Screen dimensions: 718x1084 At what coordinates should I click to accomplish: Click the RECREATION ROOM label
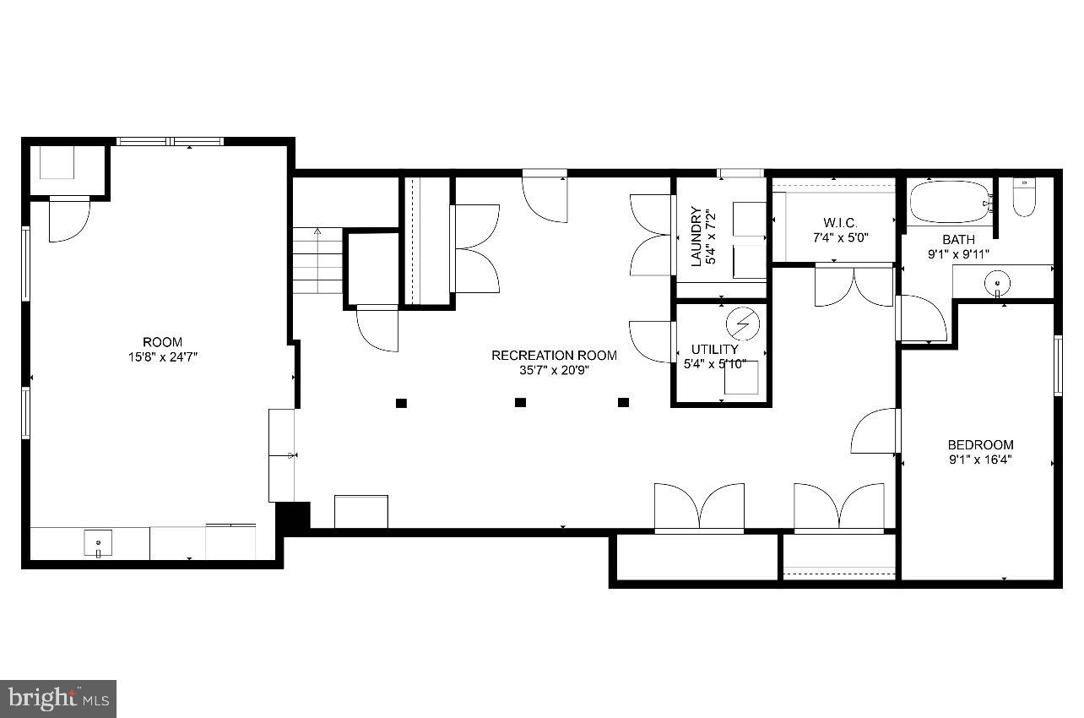pyautogui.click(x=554, y=356)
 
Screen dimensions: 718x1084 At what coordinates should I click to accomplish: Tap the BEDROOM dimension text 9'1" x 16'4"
pyautogui.click(x=979, y=460)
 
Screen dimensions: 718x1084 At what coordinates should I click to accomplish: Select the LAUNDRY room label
pyautogui.click(x=696, y=237)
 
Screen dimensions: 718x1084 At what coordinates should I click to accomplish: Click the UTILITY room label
pyautogui.click(x=714, y=349)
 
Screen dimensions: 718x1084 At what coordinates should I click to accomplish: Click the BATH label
pyautogui.click(x=958, y=239)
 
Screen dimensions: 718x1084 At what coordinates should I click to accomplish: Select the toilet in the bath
pyautogui.click(x=1023, y=198)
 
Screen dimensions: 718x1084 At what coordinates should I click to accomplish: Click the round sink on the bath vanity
pyautogui.click(x=998, y=282)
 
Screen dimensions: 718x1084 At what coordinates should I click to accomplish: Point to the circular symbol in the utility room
pyautogui.click(x=743, y=324)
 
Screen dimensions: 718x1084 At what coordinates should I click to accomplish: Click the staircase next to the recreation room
pyautogui.click(x=318, y=261)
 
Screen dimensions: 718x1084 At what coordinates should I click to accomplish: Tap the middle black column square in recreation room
pyautogui.click(x=521, y=403)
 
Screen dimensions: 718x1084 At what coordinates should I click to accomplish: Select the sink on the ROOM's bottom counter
pyautogui.click(x=98, y=541)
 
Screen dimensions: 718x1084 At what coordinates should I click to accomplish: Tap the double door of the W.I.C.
pyautogui.click(x=854, y=286)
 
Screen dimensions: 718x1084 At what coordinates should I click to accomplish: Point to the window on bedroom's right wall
pyautogui.click(x=1057, y=365)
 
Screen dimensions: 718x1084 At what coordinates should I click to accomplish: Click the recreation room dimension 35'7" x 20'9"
pyautogui.click(x=554, y=370)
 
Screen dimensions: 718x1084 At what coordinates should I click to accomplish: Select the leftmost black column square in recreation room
pyautogui.click(x=401, y=403)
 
